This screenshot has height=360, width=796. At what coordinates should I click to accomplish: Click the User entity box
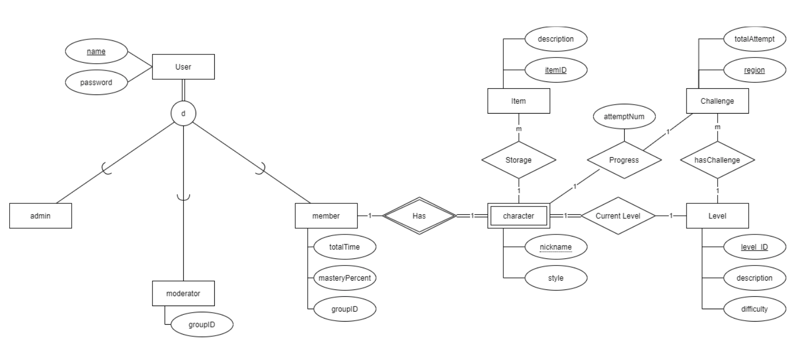(x=183, y=67)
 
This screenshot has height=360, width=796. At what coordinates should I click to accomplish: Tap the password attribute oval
(x=96, y=82)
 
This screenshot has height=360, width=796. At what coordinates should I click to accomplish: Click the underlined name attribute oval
(x=96, y=52)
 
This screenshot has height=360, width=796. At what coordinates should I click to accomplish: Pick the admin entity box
(x=40, y=215)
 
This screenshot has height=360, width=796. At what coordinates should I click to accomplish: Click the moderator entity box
(x=183, y=293)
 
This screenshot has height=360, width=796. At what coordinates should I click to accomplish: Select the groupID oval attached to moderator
(x=202, y=325)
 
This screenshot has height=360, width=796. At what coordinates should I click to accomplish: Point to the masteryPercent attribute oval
(x=345, y=278)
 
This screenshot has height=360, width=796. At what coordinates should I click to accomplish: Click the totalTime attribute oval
(x=345, y=247)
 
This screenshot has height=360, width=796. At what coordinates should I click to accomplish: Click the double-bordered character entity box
(x=519, y=215)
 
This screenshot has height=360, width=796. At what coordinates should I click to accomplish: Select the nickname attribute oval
(x=556, y=247)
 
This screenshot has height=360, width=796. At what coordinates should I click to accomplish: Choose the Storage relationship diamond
(x=519, y=160)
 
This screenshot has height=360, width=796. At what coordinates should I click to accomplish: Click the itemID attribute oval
(x=556, y=69)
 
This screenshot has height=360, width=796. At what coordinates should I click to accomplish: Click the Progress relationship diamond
(x=624, y=160)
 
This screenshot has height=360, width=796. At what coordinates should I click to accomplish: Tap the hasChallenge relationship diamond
(x=718, y=160)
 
